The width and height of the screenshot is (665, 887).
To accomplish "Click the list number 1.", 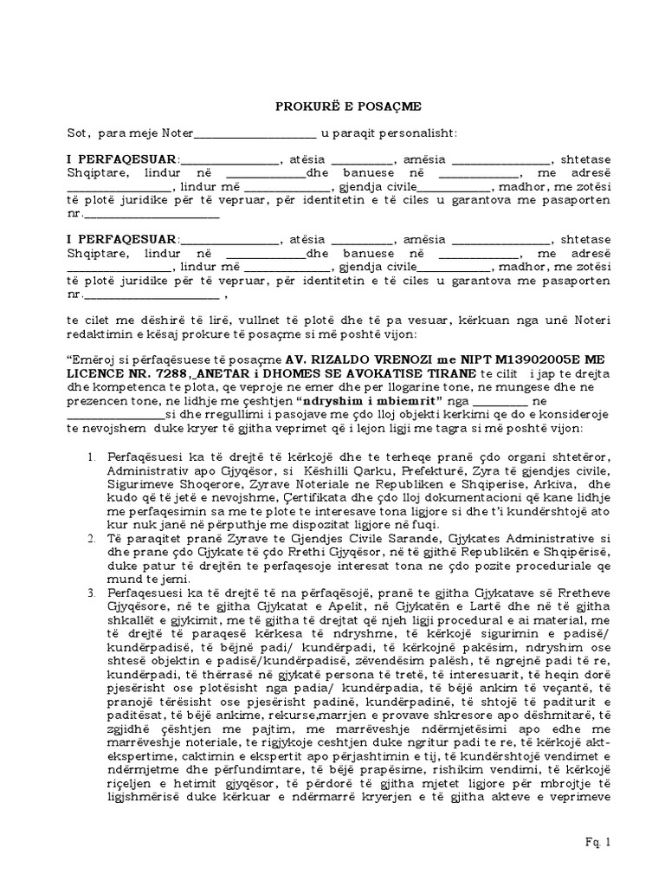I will pos(94,456).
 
